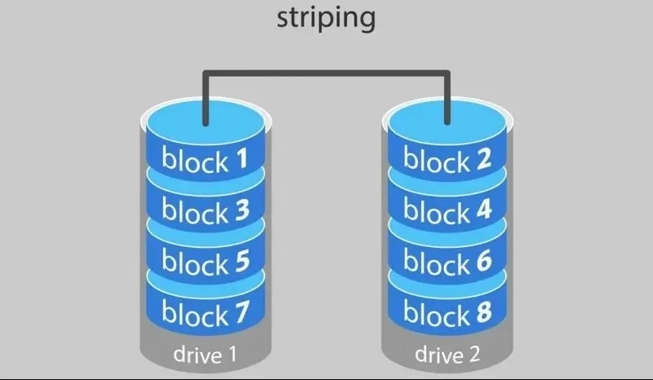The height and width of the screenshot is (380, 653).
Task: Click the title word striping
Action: point(326,17)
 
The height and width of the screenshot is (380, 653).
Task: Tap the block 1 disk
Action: point(205,159)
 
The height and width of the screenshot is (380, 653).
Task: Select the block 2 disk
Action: point(447,159)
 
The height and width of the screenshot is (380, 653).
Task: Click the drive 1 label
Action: point(205,355)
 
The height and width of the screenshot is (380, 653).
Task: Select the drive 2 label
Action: point(447,355)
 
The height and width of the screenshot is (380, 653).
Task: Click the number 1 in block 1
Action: point(241,159)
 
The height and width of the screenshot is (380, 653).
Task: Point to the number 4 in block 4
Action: point(483,211)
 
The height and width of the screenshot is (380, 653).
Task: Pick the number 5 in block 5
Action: point(241,262)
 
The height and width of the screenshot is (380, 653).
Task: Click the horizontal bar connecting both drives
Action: point(326,74)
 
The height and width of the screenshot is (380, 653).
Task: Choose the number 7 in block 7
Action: point(241,312)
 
